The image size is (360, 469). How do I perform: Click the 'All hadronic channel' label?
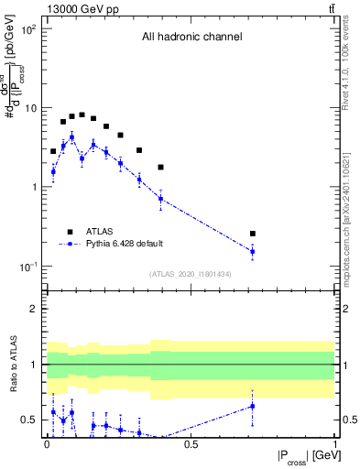click(191, 38)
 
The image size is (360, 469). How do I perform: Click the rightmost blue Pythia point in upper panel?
click(253, 251)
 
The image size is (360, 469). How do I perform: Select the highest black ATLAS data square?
click(82, 115)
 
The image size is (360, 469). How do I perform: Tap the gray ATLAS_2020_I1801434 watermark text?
click(191, 274)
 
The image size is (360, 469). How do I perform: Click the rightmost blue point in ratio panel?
click(253, 406)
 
